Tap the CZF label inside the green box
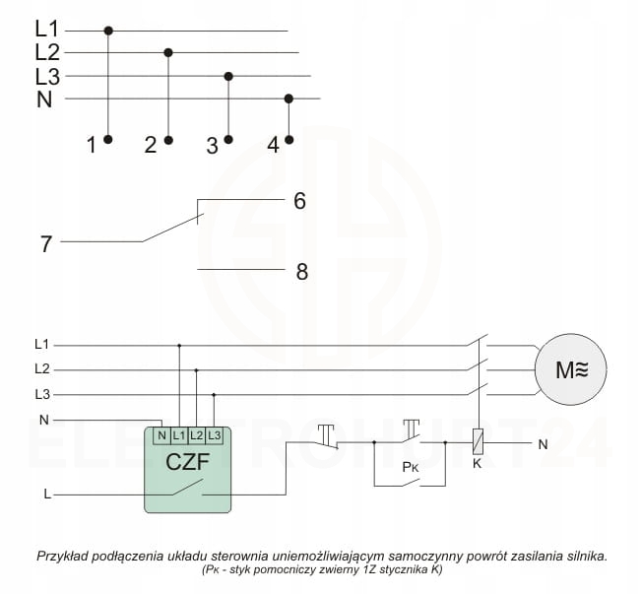[x=187, y=461]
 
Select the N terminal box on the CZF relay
[x=161, y=434]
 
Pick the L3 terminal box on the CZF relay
[x=214, y=434]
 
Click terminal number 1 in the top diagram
[x=92, y=146]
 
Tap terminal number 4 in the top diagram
[x=273, y=146]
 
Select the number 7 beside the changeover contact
[x=45, y=243]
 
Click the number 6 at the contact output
[x=299, y=201]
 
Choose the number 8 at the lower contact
[x=302, y=271]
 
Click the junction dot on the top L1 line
[x=108, y=31]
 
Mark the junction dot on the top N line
[x=288, y=99]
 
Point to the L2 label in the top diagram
[x=47, y=52]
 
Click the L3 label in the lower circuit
[x=42, y=394]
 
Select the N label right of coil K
[x=542, y=444]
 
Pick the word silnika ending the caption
[x=581, y=557]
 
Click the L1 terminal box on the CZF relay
[x=178, y=434]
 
